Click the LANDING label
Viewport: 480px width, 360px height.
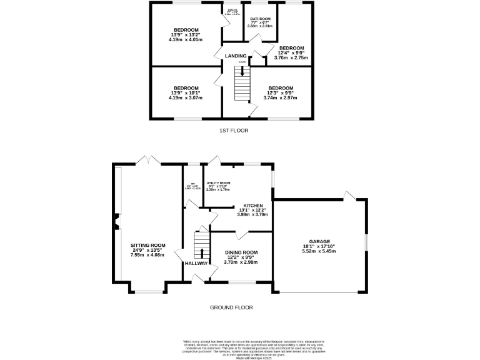[x=236, y=56]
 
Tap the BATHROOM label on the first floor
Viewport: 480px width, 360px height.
[x=260, y=19]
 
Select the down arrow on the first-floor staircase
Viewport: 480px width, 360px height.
[x=242, y=72]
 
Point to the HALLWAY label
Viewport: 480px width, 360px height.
[x=196, y=263]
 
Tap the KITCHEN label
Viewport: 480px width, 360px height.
[x=253, y=205]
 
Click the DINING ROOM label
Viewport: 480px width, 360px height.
[x=241, y=252]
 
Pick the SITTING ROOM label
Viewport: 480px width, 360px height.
[x=147, y=245]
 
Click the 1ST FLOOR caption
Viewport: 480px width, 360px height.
[x=234, y=131]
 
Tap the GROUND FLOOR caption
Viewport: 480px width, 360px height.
[x=231, y=307]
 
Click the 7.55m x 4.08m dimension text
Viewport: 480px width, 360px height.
[x=147, y=255]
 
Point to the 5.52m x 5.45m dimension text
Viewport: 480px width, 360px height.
[x=319, y=251]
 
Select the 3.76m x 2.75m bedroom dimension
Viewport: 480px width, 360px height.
[x=291, y=57]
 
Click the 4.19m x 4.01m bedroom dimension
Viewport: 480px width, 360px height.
[x=186, y=39]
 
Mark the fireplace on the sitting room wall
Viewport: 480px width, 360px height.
[x=116, y=222]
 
